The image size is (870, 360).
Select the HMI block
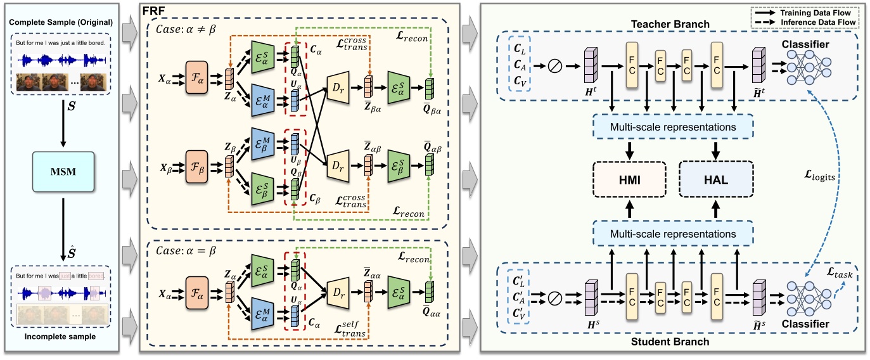click(x=629, y=180)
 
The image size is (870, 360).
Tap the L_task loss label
click(x=841, y=275)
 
